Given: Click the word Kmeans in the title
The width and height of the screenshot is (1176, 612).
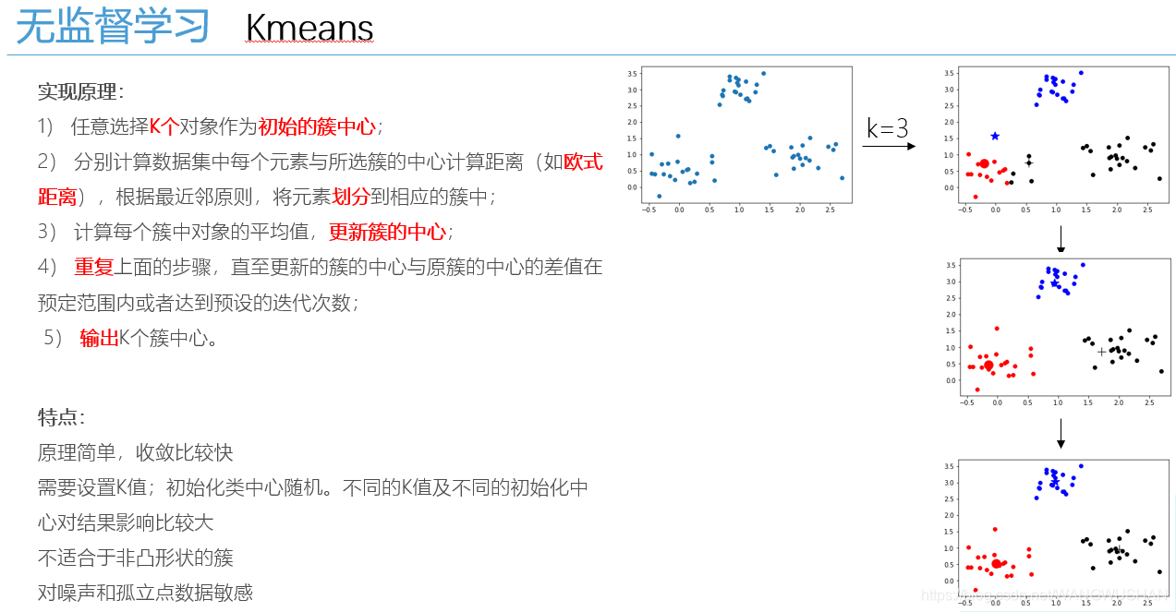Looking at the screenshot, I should tap(309, 29).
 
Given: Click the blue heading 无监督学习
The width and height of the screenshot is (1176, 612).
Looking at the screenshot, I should tap(113, 28).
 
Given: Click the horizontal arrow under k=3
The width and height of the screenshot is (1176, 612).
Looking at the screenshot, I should tap(891, 146).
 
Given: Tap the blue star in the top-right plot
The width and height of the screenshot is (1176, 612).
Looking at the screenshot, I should tap(995, 137).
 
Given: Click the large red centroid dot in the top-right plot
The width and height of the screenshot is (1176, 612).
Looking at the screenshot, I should tap(984, 164).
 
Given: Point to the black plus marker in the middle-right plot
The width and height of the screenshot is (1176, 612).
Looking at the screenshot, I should tap(1101, 352).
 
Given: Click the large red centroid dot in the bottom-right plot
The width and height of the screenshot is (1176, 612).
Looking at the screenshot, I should tap(996, 563).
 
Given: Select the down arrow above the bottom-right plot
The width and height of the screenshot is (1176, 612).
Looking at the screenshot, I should tap(1061, 433).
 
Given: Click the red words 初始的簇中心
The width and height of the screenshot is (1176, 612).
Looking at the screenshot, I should tap(317, 126).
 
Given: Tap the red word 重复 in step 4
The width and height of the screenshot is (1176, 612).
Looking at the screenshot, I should tap(93, 268).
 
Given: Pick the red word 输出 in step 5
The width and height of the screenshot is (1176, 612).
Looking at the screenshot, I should tap(99, 339).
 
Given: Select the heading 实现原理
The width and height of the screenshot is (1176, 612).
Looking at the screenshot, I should tap(80, 92).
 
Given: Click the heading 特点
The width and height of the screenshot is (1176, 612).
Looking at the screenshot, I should tap(61, 417).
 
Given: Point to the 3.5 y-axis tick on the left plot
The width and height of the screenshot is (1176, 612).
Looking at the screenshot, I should tap(632, 73).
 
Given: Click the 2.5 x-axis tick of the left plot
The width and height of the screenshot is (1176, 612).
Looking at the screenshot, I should tap(829, 211).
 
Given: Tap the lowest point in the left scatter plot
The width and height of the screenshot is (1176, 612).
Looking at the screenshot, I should tap(659, 196).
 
